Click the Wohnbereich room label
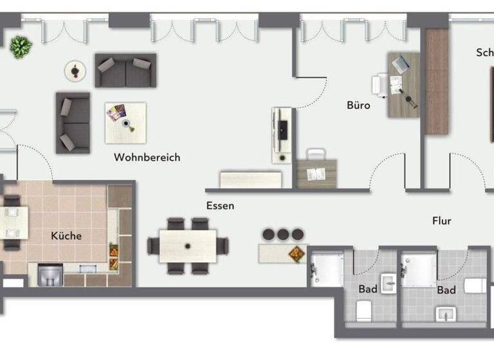tap(147, 157)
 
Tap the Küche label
tap(66, 236)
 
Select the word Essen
tap(220, 206)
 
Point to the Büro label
tap(358, 105)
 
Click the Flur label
tap(441, 221)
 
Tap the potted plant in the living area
tap(21, 47)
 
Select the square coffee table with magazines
tap(125, 122)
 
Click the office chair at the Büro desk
tap(381, 85)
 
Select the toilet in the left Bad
tap(364, 311)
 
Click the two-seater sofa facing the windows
tap(125, 70)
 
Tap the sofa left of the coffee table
tap(72, 123)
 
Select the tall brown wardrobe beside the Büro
tap(436, 81)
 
